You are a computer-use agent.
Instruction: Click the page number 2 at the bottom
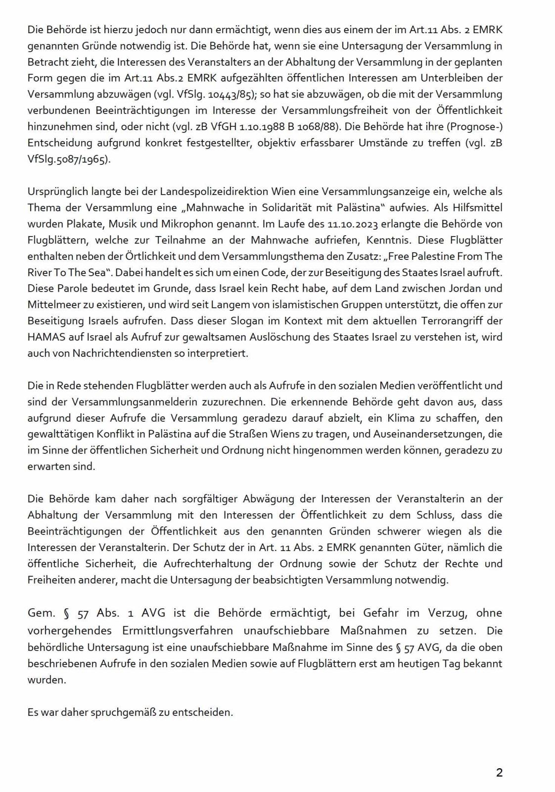click(499, 773)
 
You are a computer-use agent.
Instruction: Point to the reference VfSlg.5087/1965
click(69, 160)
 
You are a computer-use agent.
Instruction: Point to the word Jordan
click(454, 288)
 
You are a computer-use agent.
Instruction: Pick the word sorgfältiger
click(193, 498)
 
